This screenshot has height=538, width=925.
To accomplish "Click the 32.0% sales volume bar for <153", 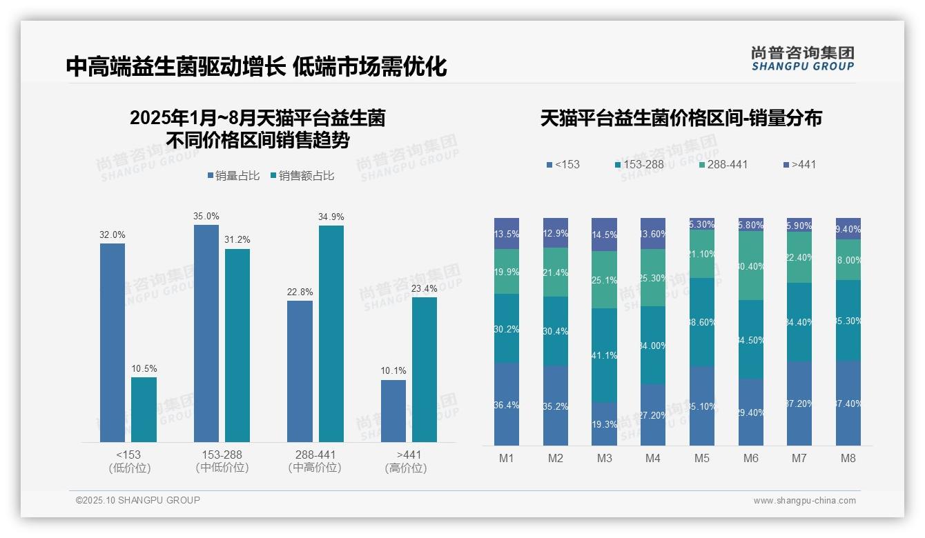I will click(x=113, y=342).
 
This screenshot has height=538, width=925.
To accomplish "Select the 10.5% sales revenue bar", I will click(x=144, y=409).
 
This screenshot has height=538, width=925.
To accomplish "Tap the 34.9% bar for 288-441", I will click(x=331, y=333).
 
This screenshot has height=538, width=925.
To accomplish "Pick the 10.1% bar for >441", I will click(x=393, y=410).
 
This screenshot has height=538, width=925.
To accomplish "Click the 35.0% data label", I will click(x=206, y=217).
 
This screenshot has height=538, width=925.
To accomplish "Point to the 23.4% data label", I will click(x=425, y=288).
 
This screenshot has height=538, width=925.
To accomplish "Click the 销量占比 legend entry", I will click(x=233, y=176).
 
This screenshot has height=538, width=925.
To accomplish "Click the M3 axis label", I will click(x=604, y=458).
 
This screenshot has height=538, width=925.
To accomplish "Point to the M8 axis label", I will click(x=848, y=458).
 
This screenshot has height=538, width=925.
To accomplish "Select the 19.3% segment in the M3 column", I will click(x=604, y=424).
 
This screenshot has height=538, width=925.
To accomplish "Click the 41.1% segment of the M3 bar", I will click(x=604, y=355).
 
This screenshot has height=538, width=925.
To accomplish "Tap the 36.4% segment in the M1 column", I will click(x=507, y=404).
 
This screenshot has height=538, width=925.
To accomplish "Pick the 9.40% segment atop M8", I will click(x=848, y=228).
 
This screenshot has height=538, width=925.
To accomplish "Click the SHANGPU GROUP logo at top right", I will click(x=802, y=58).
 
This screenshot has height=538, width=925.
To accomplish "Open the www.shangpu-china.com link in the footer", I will click(x=804, y=501).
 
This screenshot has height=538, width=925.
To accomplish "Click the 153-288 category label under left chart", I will click(x=222, y=461).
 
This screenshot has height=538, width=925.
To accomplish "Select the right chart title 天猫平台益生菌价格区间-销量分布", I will click(x=681, y=119).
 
